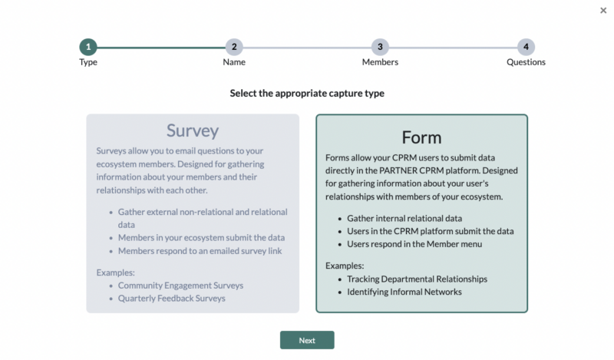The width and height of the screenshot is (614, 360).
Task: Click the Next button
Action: pos(307,340)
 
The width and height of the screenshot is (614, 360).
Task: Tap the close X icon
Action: pos(602,10)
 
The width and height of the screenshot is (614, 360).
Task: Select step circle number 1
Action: pos(88,47)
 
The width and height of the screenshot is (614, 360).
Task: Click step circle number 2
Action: pos(234,47)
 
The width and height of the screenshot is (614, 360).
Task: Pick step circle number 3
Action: pos(380,47)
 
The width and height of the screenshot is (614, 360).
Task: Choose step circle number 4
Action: pos(526,47)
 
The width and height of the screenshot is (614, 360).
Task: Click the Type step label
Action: pos(88,62)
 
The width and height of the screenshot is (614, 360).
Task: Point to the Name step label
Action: pos(234,62)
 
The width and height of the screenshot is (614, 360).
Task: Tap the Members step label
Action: pos(380,62)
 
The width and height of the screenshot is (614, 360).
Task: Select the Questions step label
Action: pos(526,62)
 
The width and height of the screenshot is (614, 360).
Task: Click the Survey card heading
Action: pos(193,130)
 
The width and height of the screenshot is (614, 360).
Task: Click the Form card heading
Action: pos(421,137)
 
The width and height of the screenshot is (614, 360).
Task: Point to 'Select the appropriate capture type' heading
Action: pos(307,93)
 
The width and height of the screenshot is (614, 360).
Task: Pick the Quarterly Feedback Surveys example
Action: pos(172,298)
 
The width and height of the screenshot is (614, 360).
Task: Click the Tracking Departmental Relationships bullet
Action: pos(417,279)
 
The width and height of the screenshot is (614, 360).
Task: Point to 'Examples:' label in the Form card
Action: pos(345,266)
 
